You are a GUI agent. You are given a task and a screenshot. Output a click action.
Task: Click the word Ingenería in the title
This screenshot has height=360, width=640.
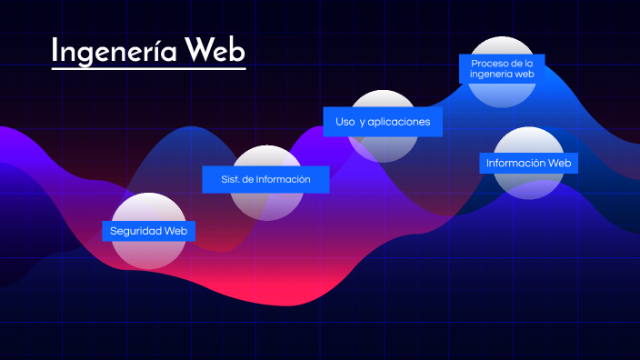pos(114,51)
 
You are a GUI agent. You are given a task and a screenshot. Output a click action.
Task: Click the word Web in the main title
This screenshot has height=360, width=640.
pos(215,51)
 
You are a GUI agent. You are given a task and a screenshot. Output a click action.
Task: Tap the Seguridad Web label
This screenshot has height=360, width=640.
pos(148,231)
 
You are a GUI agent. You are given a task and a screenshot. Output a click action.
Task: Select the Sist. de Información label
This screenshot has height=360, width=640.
pos(265,179)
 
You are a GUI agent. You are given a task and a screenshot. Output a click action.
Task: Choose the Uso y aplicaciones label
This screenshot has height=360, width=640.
pos(383,121)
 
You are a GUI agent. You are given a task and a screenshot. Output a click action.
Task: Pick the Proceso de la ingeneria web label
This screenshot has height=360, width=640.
pos(502,69)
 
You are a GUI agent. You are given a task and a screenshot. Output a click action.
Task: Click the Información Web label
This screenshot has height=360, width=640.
pos(528,164)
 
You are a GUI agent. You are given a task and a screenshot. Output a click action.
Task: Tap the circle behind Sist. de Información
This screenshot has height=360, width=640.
pos(266,205)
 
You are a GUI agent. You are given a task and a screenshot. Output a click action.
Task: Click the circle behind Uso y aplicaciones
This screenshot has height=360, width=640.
pos(384,148)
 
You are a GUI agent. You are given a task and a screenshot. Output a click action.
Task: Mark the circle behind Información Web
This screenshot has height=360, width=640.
pos(529,186)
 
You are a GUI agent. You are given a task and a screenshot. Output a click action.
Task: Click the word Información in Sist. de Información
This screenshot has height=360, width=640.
pos(283,179)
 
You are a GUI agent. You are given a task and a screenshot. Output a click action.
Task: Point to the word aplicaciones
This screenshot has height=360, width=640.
pos(395,121)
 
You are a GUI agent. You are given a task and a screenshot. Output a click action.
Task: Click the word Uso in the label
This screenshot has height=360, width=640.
pos(345,121)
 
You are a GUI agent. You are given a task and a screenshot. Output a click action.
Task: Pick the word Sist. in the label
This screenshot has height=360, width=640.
pos(230,179)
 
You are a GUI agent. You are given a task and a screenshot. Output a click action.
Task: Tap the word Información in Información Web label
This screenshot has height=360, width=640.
pos(515,164)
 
